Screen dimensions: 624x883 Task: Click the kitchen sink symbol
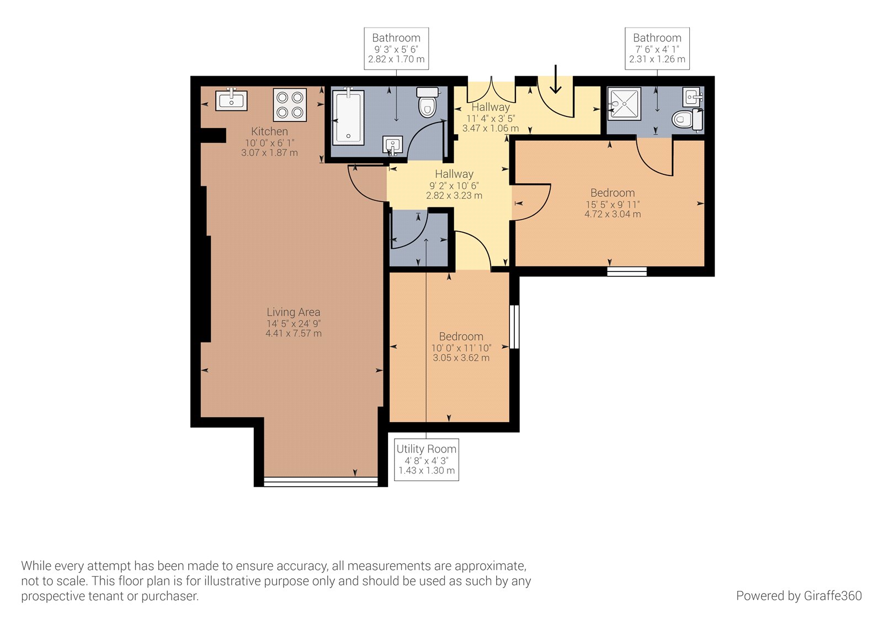(x=231, y=100)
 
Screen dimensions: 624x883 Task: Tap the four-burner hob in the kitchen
(x=290, y=105)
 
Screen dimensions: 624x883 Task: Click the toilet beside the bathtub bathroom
(x=428, y=103)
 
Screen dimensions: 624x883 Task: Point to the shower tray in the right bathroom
(x=625, y=103)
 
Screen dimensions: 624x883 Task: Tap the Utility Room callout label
(x=427, y=459)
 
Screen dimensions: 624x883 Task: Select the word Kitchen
(x=269, y=131)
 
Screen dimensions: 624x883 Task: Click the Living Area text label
(x=293, y=312)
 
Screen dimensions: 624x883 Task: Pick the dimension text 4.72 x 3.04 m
(x=613, y=214)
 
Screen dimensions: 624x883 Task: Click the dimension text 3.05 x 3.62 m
(x=461, y=358)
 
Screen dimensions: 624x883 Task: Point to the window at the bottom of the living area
(x=321, y=482)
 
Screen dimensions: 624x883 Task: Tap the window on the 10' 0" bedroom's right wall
(x=514, y=327)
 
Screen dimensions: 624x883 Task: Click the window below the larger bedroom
(x=627, y=271)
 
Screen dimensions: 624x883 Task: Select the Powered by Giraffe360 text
(x=798, y=596)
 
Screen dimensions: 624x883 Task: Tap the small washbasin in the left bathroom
(x=393, y=145)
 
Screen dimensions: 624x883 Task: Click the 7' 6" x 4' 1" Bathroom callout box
(x=657, y=49)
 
